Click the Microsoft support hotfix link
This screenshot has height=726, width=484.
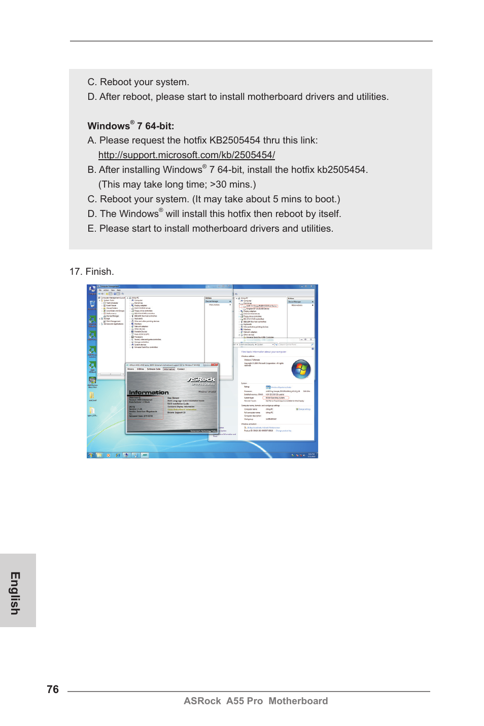tap(186, 155)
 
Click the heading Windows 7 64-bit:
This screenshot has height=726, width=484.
tap(130, 126)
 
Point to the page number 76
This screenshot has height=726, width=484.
tap(53, 689)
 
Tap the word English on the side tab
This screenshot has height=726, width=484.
tap(16, 593)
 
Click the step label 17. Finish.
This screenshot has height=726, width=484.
tap(91, 272)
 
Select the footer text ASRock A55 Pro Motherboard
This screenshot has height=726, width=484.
tap(256, 701)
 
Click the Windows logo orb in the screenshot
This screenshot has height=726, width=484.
tap(301, 369)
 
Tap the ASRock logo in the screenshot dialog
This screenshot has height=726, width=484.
tap(201, 379)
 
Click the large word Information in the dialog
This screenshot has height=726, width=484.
tap(149, 392)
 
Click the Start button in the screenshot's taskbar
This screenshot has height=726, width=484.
tap(90, 455)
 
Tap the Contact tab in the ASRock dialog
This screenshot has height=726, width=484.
tap(181, 369)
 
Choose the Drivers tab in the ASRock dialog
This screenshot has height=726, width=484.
tap(131, 369)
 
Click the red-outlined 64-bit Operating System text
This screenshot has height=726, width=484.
tap(275, 398)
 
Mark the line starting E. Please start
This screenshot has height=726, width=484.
tap(210, 229)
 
